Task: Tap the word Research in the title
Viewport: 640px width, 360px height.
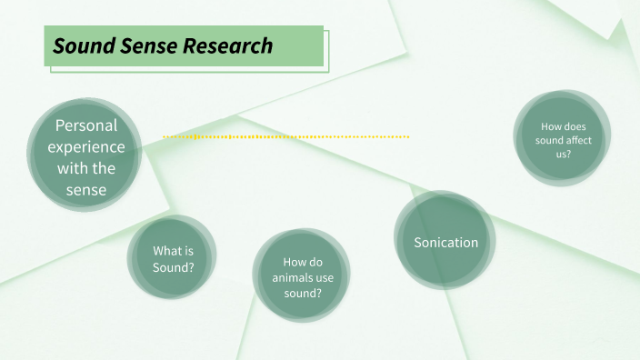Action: (x=227, y=45)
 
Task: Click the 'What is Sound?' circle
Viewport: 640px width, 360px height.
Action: (x=173, y=259)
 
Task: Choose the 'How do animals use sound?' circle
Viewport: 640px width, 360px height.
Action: (x=301, y=276)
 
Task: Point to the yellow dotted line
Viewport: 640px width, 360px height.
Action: (x=285, y=136)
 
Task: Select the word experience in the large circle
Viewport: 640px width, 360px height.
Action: (x=86, y=146)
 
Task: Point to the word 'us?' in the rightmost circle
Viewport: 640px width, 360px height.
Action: (x=564, y=155)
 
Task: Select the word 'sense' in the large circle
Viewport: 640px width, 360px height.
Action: (x=86, y=190)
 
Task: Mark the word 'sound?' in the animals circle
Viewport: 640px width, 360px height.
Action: (x=302, y=293)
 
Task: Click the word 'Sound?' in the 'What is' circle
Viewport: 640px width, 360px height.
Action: (x=173, y=267)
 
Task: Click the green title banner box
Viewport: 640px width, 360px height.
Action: (x=184, y=45)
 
